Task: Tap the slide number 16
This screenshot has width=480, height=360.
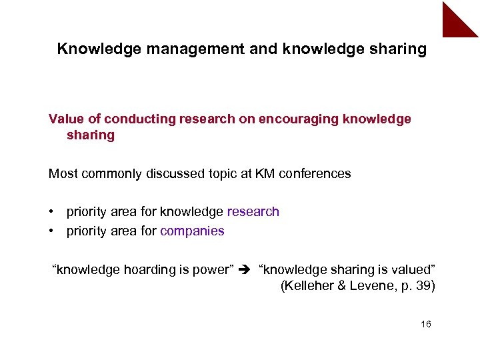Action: [x=426, y=324]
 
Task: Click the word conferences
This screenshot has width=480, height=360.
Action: [x=314, y=173]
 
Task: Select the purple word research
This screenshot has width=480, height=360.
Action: [x=253, y=211]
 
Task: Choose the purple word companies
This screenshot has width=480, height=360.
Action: [x=192, y=231]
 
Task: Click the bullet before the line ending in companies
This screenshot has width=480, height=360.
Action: [x=51, y=231]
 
